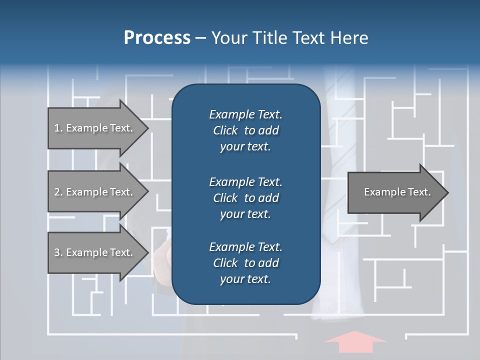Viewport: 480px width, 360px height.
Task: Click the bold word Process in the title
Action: coord(157,38)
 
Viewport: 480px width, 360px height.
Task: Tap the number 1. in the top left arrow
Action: coord(58,128)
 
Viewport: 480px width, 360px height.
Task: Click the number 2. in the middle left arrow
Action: coord(58,192)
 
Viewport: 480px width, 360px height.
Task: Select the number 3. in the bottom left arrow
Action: coord(58,252)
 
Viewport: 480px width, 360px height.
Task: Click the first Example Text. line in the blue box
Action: coord(245,114)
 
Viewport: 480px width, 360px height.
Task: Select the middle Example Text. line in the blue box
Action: coord(245,181)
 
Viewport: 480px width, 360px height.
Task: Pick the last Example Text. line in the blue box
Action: coord(245,247)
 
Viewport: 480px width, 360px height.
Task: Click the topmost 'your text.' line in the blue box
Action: coord(245,147)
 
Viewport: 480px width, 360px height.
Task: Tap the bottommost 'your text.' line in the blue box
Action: coord(245,279)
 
